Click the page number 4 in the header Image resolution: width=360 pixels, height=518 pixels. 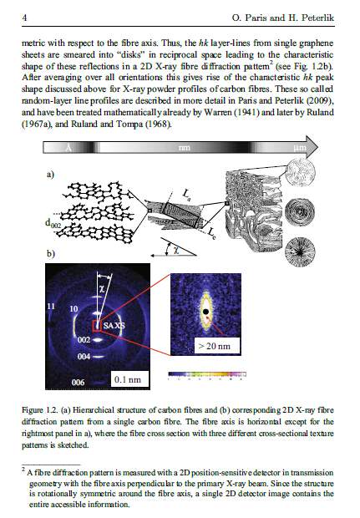(24, 18)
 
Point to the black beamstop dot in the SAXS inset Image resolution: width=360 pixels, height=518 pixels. (205, 311)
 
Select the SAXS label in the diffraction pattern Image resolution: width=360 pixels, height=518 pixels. (114, 325)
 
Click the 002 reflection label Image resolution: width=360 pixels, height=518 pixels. (84, 340)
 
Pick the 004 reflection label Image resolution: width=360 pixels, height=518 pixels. (84, 357)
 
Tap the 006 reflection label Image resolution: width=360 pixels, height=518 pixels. (78, 382)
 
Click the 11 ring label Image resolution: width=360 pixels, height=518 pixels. (50, 307)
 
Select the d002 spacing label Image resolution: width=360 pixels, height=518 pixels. (53, 223)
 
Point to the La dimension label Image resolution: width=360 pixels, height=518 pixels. (186, 194)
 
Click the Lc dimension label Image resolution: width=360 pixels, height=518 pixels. (211, 234)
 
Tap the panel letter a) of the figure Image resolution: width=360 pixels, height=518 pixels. (50, 174)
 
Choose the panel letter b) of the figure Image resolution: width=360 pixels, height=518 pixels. (50, 253)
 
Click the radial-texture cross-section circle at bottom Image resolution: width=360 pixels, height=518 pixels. (300, 251)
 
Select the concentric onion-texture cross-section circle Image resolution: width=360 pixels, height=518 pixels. (300, 211)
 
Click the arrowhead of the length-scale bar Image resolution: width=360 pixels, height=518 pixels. (312, 147)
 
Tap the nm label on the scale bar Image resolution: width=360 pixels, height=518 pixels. (184, 147)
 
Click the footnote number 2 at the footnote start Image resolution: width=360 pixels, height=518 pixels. (23, 469)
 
